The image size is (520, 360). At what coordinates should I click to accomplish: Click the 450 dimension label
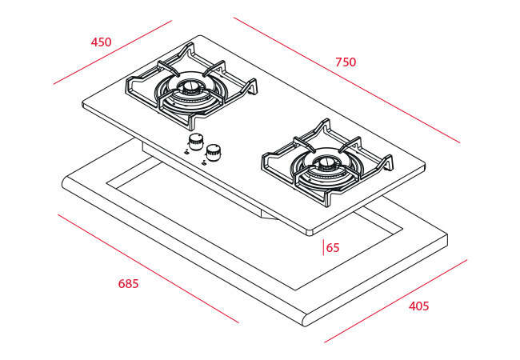coord(101,42)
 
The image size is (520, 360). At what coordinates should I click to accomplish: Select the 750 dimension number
coord(346,62)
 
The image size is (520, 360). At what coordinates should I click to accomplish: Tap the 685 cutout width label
coord(128,284)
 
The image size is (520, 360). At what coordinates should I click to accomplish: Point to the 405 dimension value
coord(418,306)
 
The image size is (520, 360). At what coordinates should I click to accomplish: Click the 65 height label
coord(333,248)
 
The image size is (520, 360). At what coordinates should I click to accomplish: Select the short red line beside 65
coord(323,248)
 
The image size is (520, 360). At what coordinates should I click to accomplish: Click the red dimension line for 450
coord(113,52)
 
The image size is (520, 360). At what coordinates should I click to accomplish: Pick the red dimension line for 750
coord(346,80)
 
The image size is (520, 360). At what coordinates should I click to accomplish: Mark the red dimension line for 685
coord(148,268)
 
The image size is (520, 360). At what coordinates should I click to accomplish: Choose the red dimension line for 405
coord(396,301)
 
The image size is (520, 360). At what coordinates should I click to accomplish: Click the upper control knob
coord(196,142)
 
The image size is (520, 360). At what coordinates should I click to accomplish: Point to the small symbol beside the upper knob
coord(186,152)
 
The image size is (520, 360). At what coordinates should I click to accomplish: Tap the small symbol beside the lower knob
coord(204,162)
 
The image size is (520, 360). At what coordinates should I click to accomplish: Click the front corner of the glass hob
coord(309,232)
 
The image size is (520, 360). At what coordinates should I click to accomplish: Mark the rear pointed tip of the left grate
coord(190,44)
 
